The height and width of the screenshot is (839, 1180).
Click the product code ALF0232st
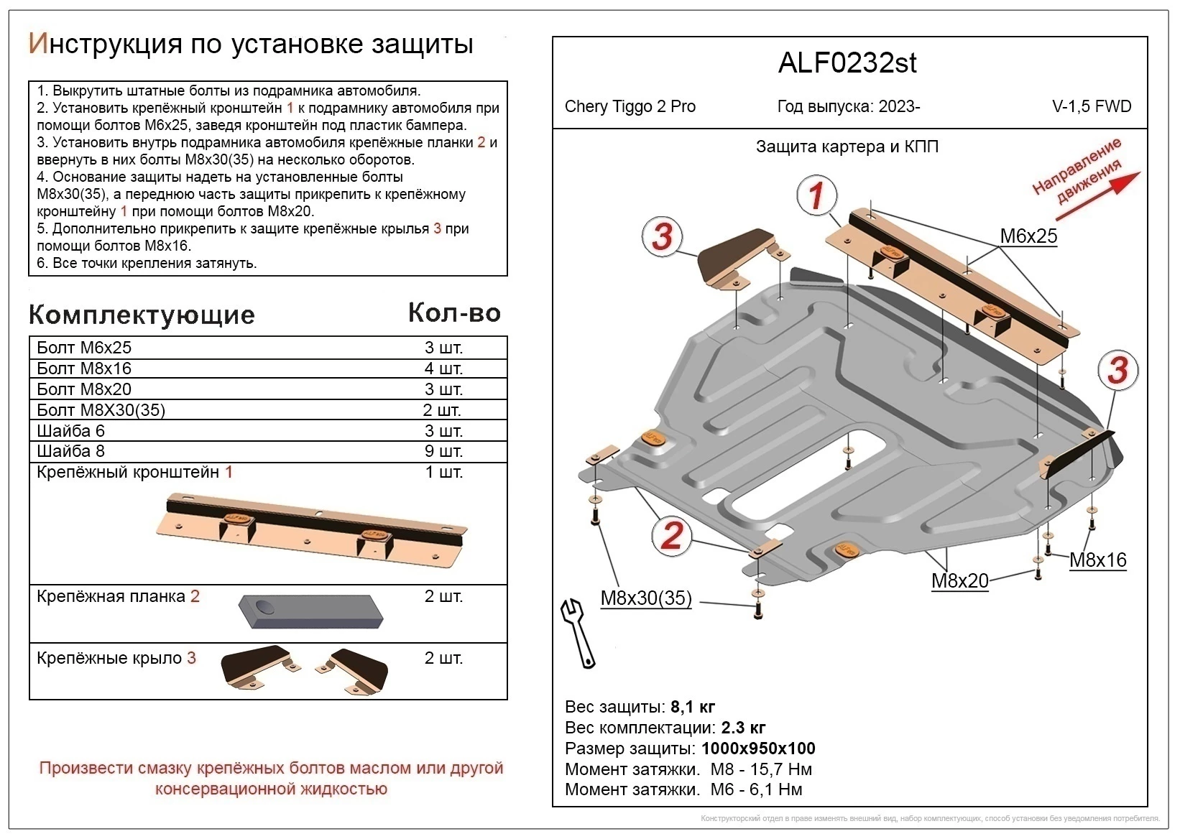coord(847,63)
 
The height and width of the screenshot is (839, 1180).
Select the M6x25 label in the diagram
coord(1028,236)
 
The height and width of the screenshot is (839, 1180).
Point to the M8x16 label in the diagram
coord(1097,560)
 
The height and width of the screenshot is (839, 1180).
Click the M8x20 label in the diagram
coord(959,581)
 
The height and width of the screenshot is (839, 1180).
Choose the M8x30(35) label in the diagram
coord(645,598)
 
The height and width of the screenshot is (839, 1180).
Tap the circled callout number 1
coord(816,196)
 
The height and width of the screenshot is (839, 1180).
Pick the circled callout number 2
coord(670,536)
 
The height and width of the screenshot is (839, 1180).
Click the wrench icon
coord(579,633)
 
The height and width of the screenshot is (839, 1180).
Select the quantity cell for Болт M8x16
coord(443,368)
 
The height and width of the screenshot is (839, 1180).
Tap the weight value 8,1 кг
coord(692,707)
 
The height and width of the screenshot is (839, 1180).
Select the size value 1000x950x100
coord(758,748)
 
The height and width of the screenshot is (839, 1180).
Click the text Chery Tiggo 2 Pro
coord(630,107)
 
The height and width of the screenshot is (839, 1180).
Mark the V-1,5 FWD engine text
coord(1091,107)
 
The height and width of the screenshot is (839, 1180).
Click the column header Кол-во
coord(453,313)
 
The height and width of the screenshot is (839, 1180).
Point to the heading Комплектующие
coord(142,315)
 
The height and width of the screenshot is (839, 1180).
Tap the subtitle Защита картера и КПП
coord(847,147)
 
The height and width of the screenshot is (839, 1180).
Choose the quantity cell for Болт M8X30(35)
coord(442,410)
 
